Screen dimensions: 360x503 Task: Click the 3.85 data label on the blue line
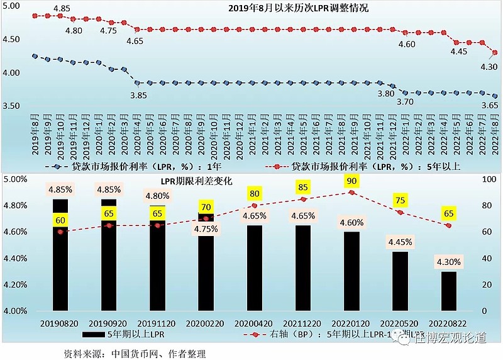pyautogui.click(x=138, y=95)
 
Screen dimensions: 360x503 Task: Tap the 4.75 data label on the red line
pyautogui.click(x=108, y=30)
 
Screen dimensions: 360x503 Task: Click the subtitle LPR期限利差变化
pyautogui.click(x=197, y=181)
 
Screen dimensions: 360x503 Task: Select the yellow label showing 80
pyautogui.click(x=255, y=194)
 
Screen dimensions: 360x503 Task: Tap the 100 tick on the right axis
pyautogui.click(x=487, y=179)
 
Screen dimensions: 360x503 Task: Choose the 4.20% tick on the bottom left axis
pyautogui.click(x=16, y=284)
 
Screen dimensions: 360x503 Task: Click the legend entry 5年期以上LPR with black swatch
pyautogui.click(x=124, y=334)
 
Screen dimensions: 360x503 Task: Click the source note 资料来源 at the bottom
pyautogui.click(x=135, y=354)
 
